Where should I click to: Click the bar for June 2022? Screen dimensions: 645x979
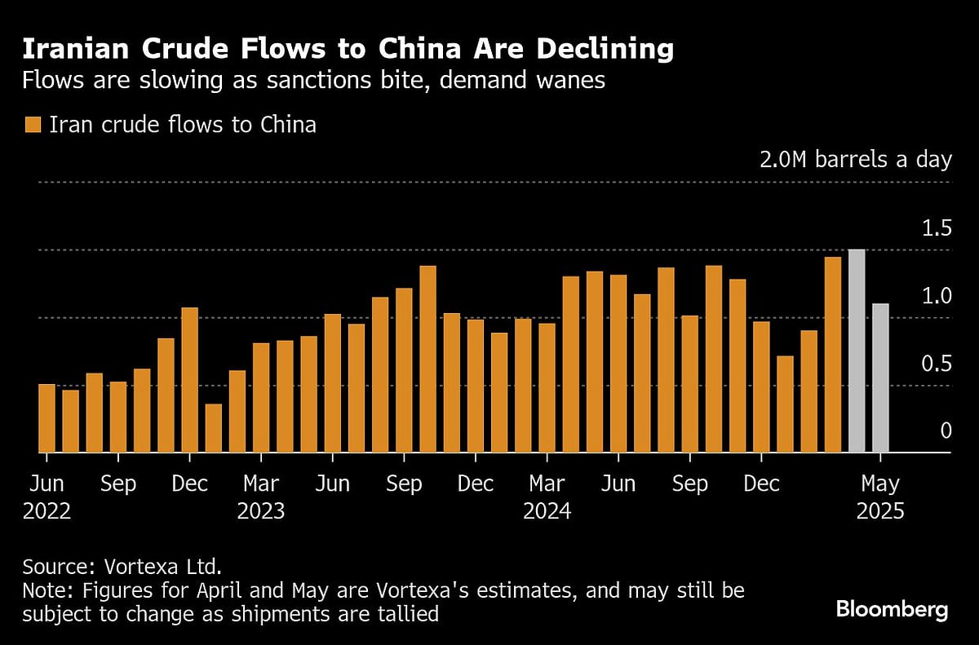[47, 417]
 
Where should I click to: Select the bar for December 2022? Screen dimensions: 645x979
[189, 380]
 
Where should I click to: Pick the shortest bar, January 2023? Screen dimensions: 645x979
[213, 428]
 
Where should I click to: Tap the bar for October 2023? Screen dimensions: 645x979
[427, 359]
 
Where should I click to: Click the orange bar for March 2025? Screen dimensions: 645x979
[832, 355]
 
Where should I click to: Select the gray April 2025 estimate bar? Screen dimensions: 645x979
[857, 351]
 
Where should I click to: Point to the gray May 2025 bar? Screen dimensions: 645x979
[880, 378]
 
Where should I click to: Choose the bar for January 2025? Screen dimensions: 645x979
[785, 404]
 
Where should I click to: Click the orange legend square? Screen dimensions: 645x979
[33, 125]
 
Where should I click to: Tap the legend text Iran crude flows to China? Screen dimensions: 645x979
[183, 125]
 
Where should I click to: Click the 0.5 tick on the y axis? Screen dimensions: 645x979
[937, 364]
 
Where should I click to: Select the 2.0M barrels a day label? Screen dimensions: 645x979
[856, 159]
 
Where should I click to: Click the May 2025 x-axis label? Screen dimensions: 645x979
[880, 497]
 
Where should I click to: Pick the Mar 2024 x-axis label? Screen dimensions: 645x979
[547, 497]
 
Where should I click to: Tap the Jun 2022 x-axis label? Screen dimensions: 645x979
[47, 497]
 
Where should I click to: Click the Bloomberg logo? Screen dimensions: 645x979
[892, 609]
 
